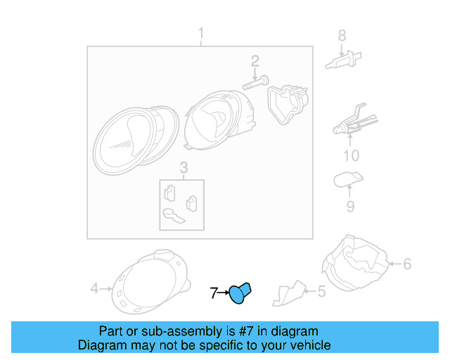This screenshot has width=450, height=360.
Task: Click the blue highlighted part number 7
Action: [x=242, y=292]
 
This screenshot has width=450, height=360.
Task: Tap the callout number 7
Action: [x=214, y=292]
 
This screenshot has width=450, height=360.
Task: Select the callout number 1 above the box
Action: [x=200, y=34]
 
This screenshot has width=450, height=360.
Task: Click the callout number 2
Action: [x=255, y=61]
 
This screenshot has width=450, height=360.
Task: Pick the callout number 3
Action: [x=183, y=167]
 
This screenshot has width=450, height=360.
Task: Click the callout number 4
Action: [x=95, y=288]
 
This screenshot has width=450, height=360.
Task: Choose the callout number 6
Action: [x=406, y=264]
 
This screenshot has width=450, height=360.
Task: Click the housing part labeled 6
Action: [x=355, y=264]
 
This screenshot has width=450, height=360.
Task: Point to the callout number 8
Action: [x=342, y=35]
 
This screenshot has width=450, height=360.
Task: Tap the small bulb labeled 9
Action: [x=347, y=180]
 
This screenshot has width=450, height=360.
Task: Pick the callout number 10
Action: [x=350, y=155]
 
